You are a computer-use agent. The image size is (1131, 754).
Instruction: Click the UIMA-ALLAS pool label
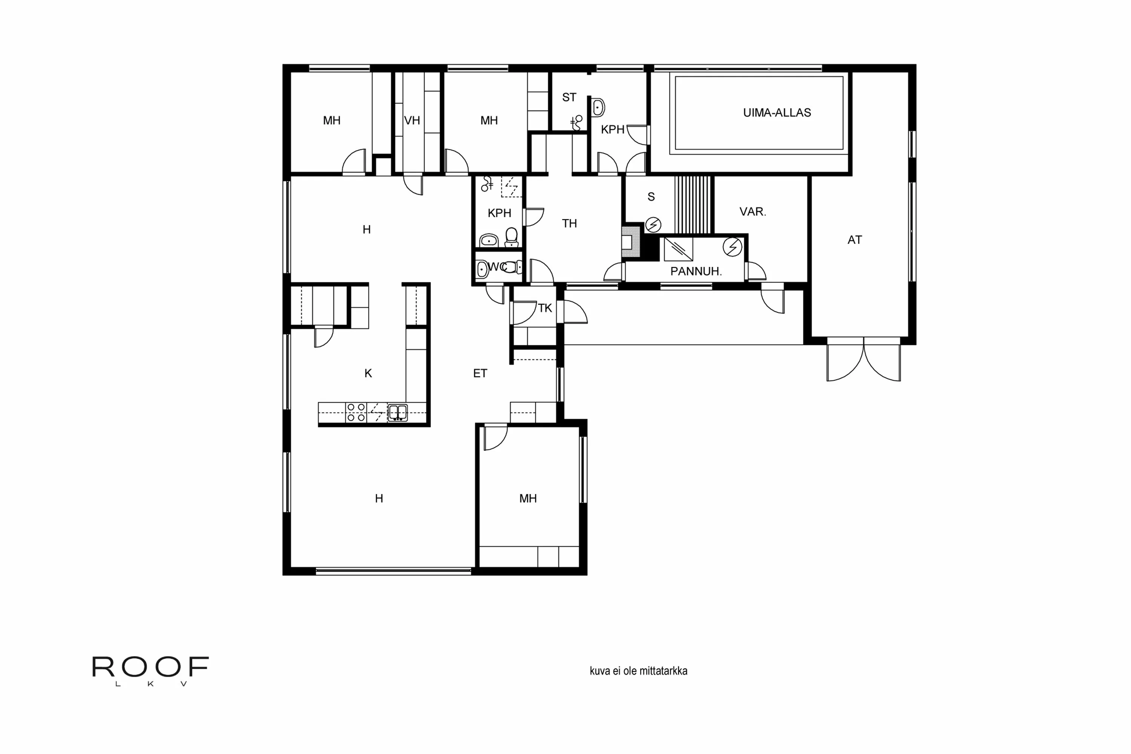(777, 112)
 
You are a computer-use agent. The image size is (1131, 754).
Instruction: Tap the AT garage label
(855, 240)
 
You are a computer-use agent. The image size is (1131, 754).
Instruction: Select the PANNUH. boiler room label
(696, 271)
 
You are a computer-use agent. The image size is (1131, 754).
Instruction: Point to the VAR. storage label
(752, 211)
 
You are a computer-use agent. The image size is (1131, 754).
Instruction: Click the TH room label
(569, 224)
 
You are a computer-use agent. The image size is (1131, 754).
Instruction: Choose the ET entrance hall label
(480, 373)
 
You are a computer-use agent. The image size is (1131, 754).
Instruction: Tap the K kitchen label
(368, 373)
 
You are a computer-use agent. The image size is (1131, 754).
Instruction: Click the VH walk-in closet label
(412, 121)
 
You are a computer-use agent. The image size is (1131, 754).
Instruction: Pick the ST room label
(569, 98)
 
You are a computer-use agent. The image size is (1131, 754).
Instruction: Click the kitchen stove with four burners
(356, 412)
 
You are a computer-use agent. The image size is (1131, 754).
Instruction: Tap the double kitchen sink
(398, 412)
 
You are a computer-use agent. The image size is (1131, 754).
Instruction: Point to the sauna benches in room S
(693, 205)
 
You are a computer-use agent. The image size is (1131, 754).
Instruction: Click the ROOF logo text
(150, 667)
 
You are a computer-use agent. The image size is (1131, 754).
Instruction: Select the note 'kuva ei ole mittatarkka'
(639, 671)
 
